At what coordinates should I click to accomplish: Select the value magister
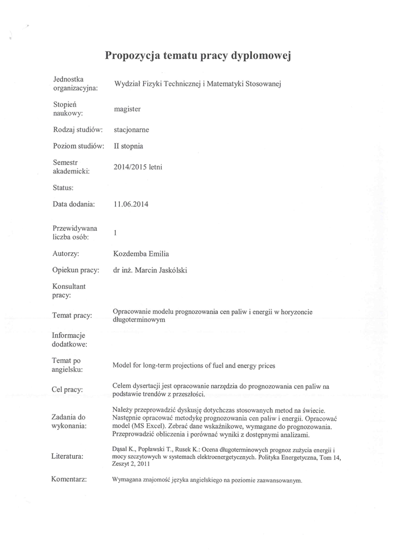point(127,109)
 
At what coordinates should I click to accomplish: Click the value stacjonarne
point(135,130)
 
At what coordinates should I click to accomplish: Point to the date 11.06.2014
point(131,205)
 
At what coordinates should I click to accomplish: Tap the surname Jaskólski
point(168,270)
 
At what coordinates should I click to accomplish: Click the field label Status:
point(63,188)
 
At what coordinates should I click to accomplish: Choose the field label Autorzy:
point(66,254)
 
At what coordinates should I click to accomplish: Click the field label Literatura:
point(67,456)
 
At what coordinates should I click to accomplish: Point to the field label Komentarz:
point(69,479)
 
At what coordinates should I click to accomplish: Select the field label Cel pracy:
point(67,390)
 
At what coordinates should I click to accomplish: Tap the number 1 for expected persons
point(115,232)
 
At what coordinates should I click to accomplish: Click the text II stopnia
point(128,146)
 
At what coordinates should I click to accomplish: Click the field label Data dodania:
point(74,205)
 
